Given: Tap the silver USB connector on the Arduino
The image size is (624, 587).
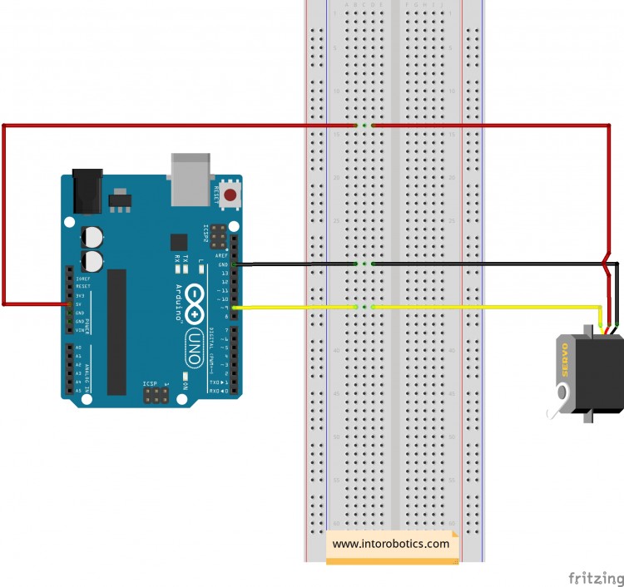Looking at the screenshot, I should tap(190, 178).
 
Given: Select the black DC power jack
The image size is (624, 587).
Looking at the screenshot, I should tap(87, 190).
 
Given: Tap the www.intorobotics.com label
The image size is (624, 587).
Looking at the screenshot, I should tap(391, 545).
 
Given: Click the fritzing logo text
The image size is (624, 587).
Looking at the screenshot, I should tap(595, 577).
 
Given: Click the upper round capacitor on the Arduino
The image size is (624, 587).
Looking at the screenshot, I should tap(92, 237).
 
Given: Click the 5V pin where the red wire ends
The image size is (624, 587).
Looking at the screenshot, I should tap(69, 304).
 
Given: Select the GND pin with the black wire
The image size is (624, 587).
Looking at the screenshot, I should tap(235, 264).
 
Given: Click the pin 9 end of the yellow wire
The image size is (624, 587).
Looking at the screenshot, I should tap(235, 308).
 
